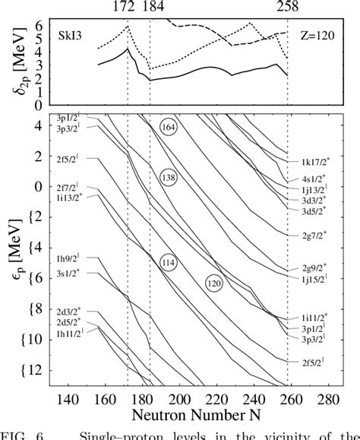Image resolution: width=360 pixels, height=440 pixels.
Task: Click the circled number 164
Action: (x=169, y=128)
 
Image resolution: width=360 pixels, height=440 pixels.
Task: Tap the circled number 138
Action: (x=169, y=178)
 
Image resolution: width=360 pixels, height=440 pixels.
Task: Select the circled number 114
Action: (x=169, y=261)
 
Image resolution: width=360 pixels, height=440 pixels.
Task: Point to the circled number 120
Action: (x=216, y=282)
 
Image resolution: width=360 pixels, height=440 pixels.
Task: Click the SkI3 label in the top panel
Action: (x=68, y=36)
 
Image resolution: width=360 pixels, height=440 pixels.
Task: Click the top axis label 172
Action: (x=127, y=7)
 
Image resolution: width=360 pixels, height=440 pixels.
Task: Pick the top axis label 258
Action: (x=288, y=7)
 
